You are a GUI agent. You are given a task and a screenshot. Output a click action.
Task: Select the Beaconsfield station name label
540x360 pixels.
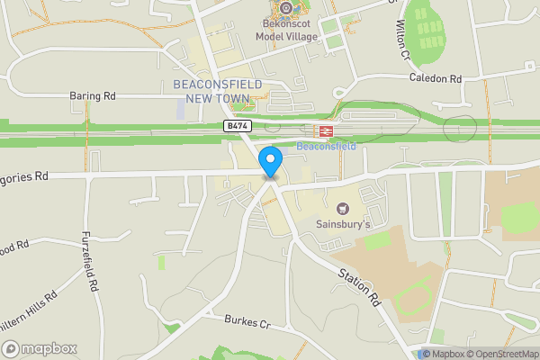(326, 146)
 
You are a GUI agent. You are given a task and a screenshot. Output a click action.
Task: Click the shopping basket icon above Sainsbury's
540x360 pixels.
(341, 207)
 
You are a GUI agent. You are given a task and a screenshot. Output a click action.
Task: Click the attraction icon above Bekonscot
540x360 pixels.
(286, 9)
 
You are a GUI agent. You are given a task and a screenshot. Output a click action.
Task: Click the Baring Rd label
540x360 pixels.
(93, 94)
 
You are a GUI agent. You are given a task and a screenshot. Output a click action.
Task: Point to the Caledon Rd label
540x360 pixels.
(435, 79)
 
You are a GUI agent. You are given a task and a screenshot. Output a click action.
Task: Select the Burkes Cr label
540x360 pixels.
(248, 321)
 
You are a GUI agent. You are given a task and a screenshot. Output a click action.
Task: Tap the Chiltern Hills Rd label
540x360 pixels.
(27, 306)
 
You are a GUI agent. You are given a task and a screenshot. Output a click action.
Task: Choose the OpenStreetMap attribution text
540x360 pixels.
(503, 354)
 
